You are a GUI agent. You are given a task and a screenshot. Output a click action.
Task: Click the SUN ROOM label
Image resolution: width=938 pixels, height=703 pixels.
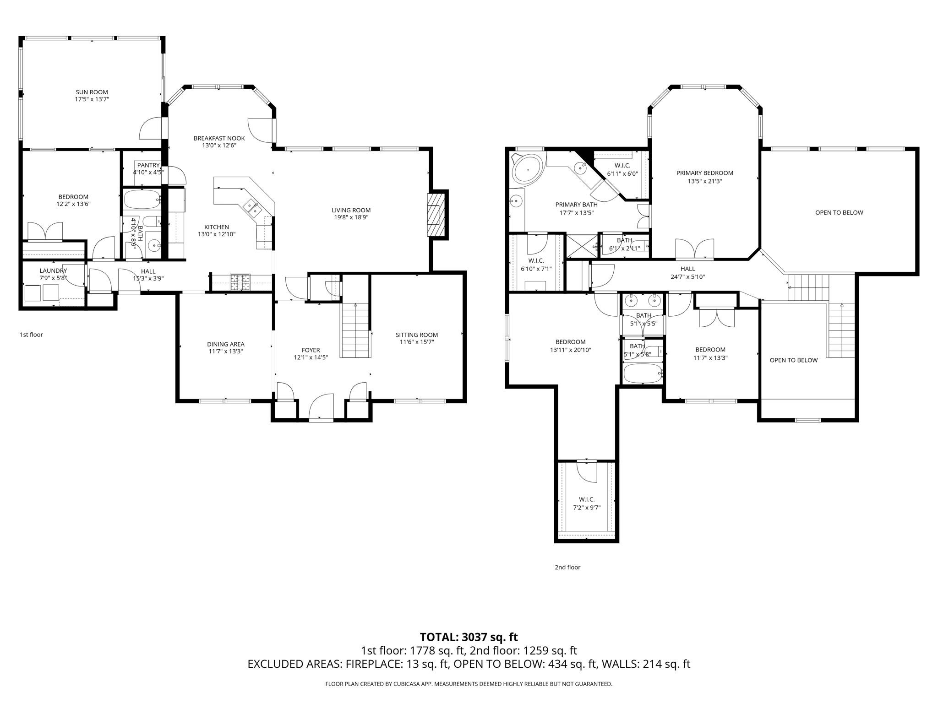(x=92, y=92)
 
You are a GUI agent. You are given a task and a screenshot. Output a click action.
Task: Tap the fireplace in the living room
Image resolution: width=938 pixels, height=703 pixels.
(x=436, y=215)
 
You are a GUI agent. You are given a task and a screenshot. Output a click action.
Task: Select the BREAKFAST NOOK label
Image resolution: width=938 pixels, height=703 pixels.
(x=219, y=138)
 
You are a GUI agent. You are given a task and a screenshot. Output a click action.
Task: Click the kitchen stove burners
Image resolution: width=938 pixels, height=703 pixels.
(x=240, y=282)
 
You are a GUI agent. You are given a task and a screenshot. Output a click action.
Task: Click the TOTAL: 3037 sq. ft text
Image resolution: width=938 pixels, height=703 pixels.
(x=469, y=637)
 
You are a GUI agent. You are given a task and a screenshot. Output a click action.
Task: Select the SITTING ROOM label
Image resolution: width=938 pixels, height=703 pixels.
(x=417, y=335)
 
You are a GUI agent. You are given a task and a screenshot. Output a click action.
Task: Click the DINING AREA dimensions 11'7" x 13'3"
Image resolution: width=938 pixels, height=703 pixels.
(x=226, y=351)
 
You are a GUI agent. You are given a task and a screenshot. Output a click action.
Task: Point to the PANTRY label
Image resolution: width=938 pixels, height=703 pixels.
(x=148, y=165)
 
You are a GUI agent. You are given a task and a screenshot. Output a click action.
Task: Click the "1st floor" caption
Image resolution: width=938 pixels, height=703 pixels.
(x=31, y=335)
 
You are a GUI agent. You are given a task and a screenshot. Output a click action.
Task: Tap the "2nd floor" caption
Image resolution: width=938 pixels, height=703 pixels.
(x=567, y=567)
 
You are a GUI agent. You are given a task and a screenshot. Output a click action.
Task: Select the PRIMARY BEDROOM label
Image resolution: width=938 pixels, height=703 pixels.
(x=705, y=173)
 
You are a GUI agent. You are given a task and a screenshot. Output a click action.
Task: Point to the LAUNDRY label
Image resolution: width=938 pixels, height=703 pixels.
(x=53, y=270)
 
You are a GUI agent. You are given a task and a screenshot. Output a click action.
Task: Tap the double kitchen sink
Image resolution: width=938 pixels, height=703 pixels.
(x=253, y=207)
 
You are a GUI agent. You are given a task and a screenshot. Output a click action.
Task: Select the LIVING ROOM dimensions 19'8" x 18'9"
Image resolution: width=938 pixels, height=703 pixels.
(x=351, y=217)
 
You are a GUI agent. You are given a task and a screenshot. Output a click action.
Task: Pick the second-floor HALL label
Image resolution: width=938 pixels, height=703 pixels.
(x=687, y=269)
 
